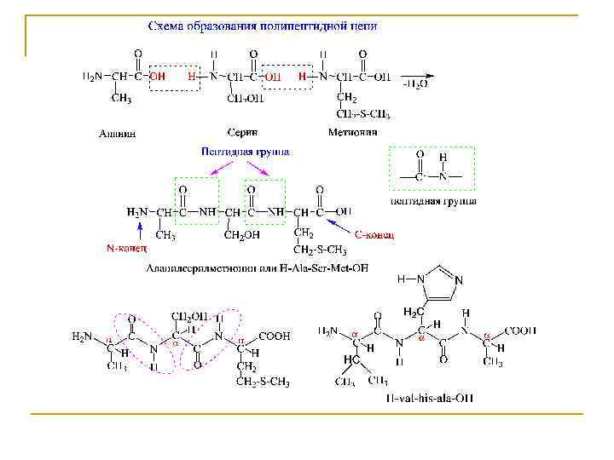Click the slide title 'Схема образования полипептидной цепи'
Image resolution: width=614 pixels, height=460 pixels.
click(263, 26)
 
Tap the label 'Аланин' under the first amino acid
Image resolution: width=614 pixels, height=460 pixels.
click(116, 133)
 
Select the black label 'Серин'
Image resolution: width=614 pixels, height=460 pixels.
click(242, 132)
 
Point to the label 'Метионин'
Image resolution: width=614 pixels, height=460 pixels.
click(352, 132)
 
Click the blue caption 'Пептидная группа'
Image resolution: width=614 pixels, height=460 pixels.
click(245, 152)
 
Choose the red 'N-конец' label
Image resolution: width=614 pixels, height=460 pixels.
click(126, 249)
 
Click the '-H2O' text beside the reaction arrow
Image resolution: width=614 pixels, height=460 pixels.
click(415, 85)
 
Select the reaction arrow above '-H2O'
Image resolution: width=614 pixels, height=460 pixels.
click(415, 73)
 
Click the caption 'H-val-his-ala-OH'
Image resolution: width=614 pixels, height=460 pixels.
click(430, 398)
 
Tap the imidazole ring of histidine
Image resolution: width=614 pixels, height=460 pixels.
click(440, 281)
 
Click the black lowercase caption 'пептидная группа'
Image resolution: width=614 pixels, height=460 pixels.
click(432, 201)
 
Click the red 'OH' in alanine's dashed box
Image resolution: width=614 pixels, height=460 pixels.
click(158, 76)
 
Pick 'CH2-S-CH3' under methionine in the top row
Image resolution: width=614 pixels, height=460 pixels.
click(363, 114)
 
